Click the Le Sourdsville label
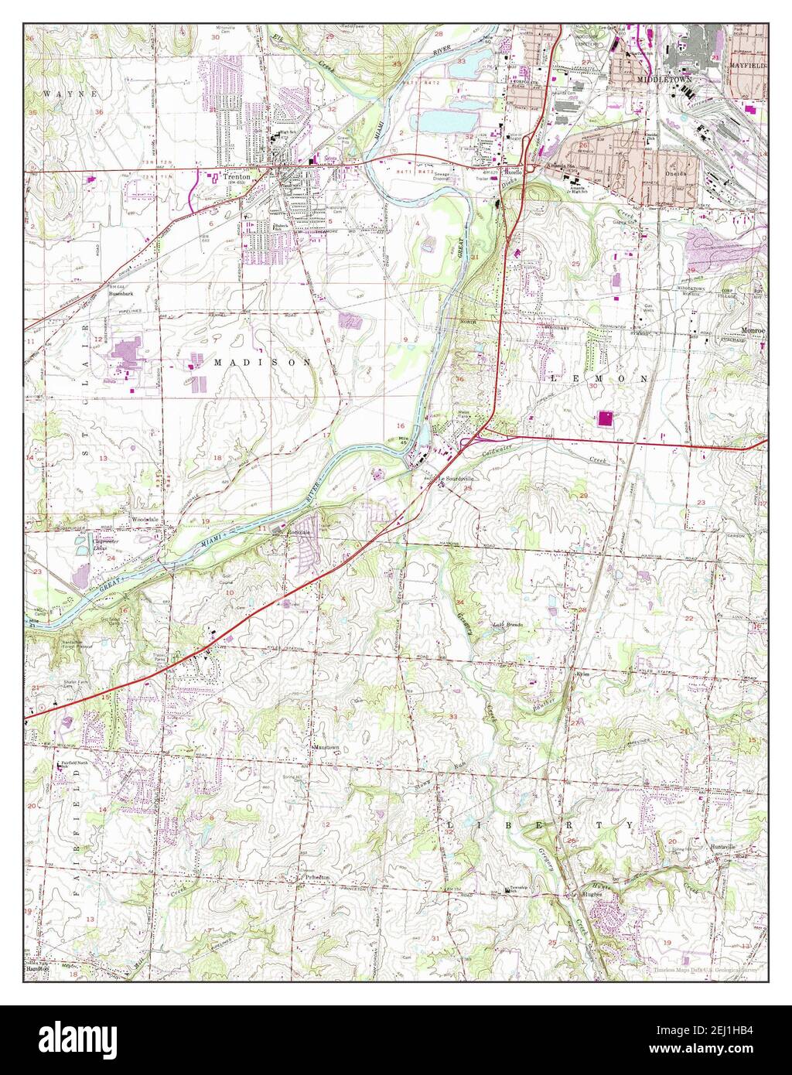click(x=456, y=479)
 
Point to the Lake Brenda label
click(x=510, y=624)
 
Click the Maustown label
click(x=326, y=747)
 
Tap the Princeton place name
click(x=317, y=878)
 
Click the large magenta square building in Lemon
click(x=606, y=418)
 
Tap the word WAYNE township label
click(x=60, y=94)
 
